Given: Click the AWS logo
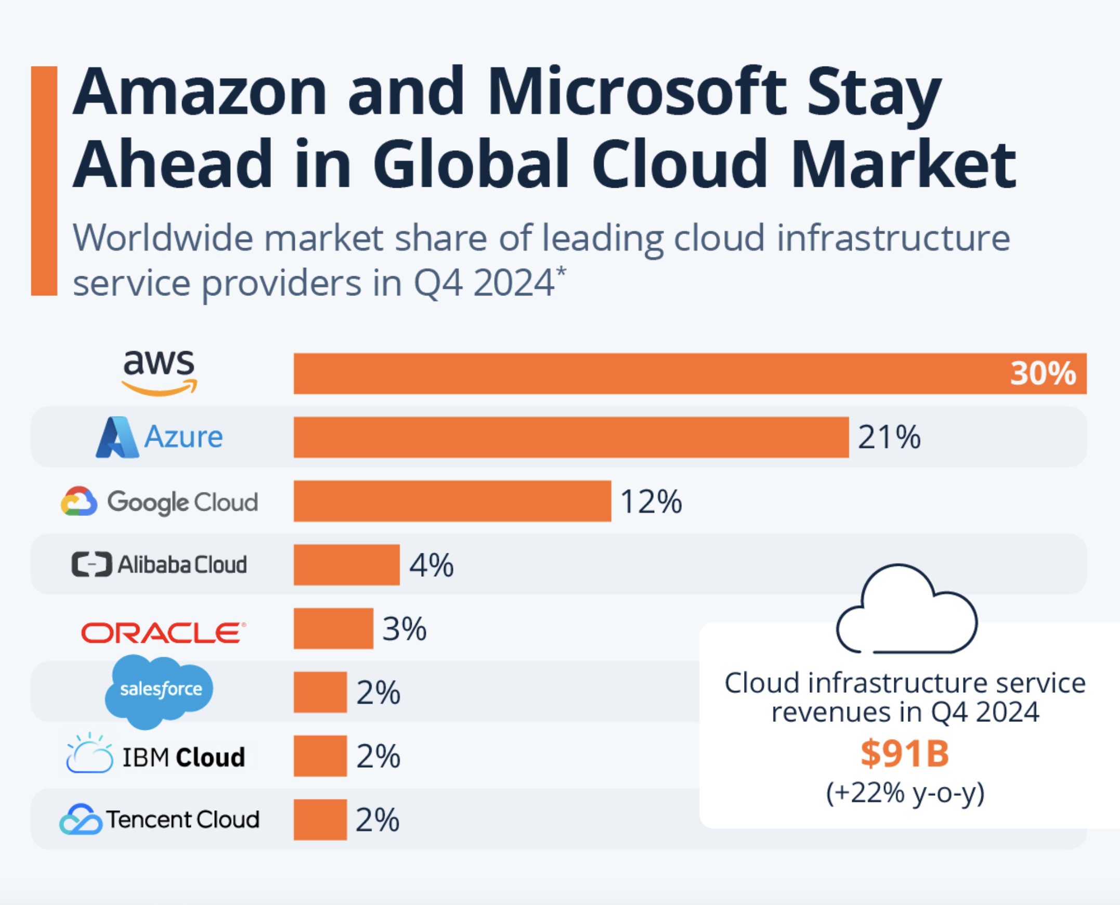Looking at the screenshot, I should point(159,372).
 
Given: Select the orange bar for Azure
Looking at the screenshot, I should point(571,437).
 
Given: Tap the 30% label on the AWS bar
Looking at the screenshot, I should point(1043,373).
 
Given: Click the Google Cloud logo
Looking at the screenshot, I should point(159,501).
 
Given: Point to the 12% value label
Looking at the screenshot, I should point(650,501).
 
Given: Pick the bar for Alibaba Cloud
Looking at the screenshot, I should point(347,564).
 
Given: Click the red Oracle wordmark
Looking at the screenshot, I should point(163,632).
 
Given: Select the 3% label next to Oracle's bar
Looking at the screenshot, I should point(405,629).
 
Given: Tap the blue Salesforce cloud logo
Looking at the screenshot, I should point(159,690).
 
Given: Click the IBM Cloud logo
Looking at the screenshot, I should point(155,755).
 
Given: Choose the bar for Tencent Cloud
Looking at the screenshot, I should point(320,819).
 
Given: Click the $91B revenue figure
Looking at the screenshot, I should point(904,754).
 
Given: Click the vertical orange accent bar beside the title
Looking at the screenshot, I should point(44,180).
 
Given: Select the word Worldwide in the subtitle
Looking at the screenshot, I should point(163,238).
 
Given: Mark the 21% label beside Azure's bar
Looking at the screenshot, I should point(889,437).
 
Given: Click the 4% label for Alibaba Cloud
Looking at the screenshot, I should point(431,565).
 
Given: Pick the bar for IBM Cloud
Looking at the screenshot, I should point(320,755).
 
